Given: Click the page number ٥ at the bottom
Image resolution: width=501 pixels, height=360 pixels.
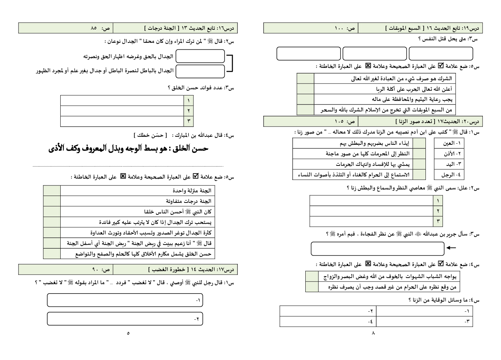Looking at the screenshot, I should pyautogui.click(x=128, y=333).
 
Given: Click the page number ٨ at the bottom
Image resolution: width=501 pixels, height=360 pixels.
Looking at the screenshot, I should pyautogui.click(x=373, y=333).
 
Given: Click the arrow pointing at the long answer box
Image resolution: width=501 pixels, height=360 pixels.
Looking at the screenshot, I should pyautogui.click(x=451, y=248).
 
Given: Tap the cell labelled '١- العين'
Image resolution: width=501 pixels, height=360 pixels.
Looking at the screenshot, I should pyautogui.click(x=449, y=143).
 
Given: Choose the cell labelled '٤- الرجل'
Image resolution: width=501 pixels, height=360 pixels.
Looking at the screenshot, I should pyautogui.click(x=449, y=175).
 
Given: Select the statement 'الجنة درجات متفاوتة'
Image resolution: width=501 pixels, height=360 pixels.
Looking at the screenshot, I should pyautogui.click(x=188, y=201).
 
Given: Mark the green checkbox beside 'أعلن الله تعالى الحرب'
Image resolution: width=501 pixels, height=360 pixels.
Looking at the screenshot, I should pyautogui.click(x=305, y=89).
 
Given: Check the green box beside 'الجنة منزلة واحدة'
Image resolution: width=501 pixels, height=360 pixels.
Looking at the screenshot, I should pyautogui.click(x=52, y=191).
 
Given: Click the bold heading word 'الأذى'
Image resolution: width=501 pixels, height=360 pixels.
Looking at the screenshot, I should pyautogui.click(x=57, y=148).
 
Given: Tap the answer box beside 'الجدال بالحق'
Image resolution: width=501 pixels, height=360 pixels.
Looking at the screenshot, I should pyautogui.click(x=200, y=56).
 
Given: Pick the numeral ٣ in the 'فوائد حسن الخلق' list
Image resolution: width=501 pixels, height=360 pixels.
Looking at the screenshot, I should pyautogui.click(x=188, y=121).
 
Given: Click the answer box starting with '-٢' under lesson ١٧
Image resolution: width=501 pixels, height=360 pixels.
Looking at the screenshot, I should pyautogui.click(x=125, y=319).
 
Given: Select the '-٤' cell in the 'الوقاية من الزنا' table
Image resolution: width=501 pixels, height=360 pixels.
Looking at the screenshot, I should pyautogui.click(x=328, y=322).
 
